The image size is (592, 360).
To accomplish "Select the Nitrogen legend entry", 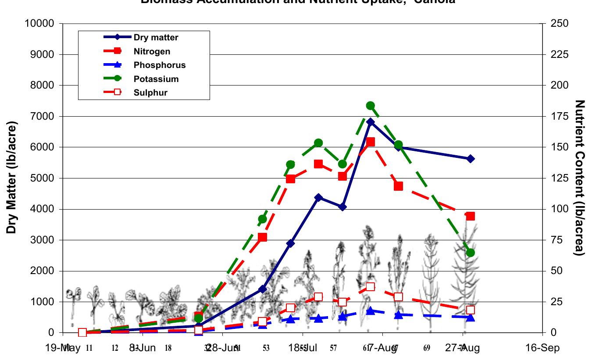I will (x=152, y=52).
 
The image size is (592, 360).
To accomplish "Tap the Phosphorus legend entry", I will (x=159, y=65).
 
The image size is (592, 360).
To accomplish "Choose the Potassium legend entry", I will (x=156, y=79).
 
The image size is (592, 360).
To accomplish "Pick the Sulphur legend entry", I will (x=150, y=93).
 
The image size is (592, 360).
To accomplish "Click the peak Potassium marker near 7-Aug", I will (x=370, y=106).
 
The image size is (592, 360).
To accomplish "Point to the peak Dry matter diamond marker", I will (x=371, y=122).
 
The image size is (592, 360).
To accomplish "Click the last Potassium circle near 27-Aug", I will (x=471, y=253).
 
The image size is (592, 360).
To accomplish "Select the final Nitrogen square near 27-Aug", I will (x=471, y=216).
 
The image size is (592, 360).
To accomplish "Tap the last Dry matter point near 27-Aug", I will (x=471, y=159).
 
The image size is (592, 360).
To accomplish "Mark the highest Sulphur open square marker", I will (x=371, y=287).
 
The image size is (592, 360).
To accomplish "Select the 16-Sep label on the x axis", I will (x=543, y=348).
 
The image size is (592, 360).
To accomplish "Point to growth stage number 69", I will (x=427, y=349).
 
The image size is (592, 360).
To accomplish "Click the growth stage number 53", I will (x=266, y=349).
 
